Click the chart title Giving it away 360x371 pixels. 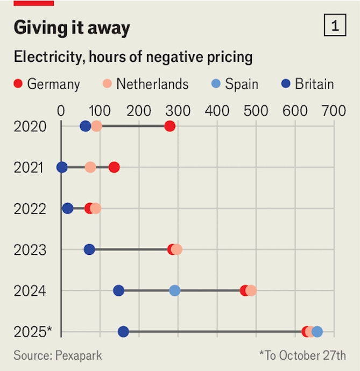pyautogui.click(x=72, y=28)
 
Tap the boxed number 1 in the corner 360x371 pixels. pyautogui.click(x=335, y=26)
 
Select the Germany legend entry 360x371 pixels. pyautogui.click(x=46, y=84)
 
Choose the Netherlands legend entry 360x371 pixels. pyautogui.click(x=145, y=84)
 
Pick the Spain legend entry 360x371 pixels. pyautogui.click(x=235, y=84)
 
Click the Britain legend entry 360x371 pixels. pyautogui.click(x=308, y=84)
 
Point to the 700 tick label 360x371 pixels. pyautogui.click(x=334, y=111)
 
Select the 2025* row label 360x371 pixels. pyautogui.click(x=33, y=332)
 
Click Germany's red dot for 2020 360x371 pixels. pyautogui.click(x=170, y=126)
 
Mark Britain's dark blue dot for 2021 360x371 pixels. pyautogui.click(x=62, y=167)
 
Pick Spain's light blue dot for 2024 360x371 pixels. pyautogui.click(x=175, y=291)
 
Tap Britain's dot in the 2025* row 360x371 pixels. pyautogui.click(x=123, y=332)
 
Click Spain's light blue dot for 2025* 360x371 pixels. pyautogui.click(x=317, y=332)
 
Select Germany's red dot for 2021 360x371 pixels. pyautogui.click(x=114, y=167)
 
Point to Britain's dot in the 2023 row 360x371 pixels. pyautogui.click(x=89, y=249)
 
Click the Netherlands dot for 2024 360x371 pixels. pyautogui.click(x=251, y=291)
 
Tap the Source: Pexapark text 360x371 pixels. pyautogui.click(x=58, y=355)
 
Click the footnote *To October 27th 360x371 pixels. pyautogui.click(x=302, y=355)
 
